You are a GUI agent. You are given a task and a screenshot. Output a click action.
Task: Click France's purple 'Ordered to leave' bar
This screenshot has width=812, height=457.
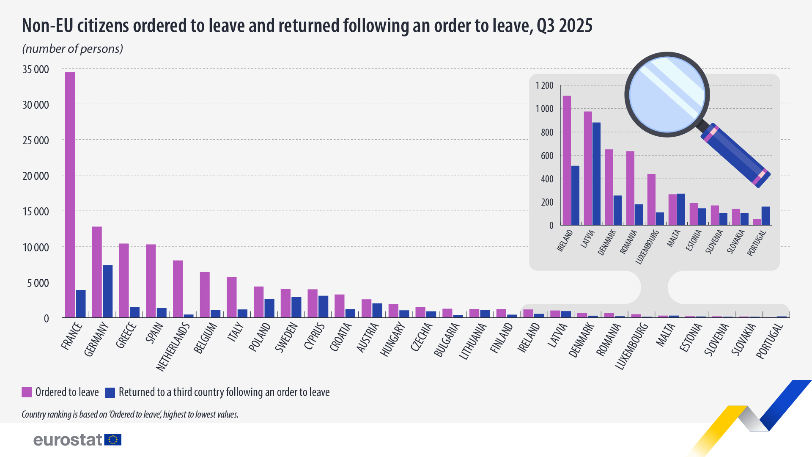tap(70, 195)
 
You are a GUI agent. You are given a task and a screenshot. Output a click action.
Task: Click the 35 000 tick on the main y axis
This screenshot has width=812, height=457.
tap(36, 69)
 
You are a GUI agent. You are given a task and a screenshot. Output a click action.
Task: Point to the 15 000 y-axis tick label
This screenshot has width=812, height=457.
tap(36, 212)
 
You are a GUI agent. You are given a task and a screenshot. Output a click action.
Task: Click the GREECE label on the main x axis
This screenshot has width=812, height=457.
tap(126, 335)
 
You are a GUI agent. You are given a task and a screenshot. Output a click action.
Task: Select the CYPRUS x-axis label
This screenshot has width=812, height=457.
tap(314, 336)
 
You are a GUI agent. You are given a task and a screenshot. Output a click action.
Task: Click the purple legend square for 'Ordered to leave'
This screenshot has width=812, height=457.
tap(27, 392)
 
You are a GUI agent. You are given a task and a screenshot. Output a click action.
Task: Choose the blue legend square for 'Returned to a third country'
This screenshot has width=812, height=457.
tap(110, 392)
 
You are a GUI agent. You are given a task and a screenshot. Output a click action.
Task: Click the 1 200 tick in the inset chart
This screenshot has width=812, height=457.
tap(544, 85)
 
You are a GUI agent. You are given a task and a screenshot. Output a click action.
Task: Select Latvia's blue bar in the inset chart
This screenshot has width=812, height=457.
tap(596, 173)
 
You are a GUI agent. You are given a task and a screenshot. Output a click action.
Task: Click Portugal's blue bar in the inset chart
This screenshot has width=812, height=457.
tap(765, 216)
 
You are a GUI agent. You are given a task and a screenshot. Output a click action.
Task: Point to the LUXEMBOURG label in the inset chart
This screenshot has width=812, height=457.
tap(647, 247)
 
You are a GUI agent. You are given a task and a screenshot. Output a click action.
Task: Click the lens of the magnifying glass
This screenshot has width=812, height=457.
tap(667, 94)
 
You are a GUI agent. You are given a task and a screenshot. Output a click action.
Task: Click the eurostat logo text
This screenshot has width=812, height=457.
tap(68, 440)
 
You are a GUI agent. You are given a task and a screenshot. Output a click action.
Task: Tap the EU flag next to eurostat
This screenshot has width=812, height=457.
tap(113, 440)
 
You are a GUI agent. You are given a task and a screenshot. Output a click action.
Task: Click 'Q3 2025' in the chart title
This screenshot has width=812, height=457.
tap(564, 26)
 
